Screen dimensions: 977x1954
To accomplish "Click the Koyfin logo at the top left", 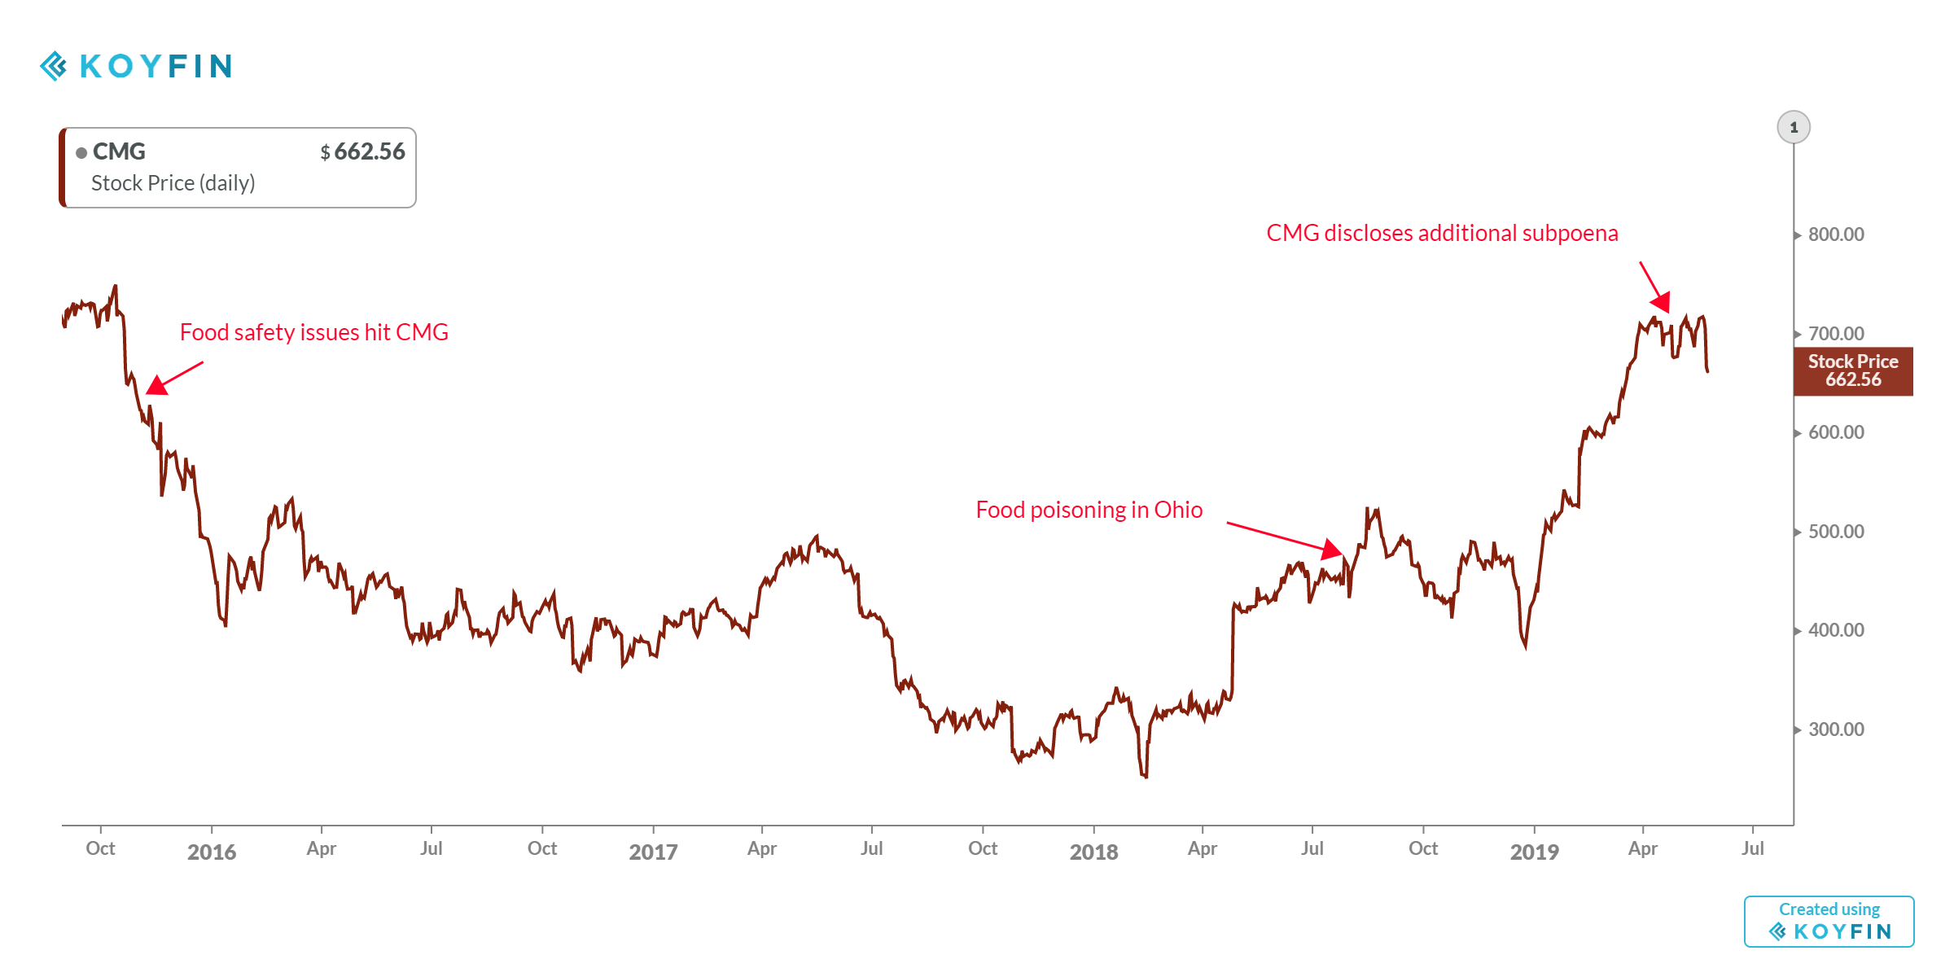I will tap(136, 66).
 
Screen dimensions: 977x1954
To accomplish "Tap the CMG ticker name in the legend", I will tap(119, 151).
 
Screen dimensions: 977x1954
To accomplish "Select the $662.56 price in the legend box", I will tap(363, 151).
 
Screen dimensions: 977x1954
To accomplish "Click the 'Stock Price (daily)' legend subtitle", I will tap(173, 183).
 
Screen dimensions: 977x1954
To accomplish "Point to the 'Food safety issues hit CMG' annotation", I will tap(313, 332).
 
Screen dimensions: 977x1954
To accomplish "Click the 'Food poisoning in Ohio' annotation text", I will tap(1089, 510).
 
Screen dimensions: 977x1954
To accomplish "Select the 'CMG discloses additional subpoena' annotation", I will tap(1442, 233).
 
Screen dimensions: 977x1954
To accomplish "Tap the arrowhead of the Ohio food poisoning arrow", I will tap(1333, 550).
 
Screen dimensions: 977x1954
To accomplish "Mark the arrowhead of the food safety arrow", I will tap(156, 385).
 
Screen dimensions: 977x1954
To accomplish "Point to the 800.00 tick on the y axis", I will tap(1835, 234).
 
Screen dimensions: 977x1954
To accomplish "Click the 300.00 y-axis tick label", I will tap(1835, 729).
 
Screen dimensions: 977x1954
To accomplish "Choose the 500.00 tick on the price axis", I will tap(1835, 532).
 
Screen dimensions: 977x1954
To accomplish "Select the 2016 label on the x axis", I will tap(212, 852).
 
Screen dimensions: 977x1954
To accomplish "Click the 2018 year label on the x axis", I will tap(1093, 852).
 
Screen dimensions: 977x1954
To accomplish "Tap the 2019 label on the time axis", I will tap(1534, 852).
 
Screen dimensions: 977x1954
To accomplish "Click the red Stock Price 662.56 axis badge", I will tap(1853, 371).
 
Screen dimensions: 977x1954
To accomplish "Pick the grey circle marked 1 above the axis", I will tap(1794, 128).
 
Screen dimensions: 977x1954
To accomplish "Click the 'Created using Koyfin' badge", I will tap(1829, 922).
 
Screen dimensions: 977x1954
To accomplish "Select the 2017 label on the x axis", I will tap(653, 852).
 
